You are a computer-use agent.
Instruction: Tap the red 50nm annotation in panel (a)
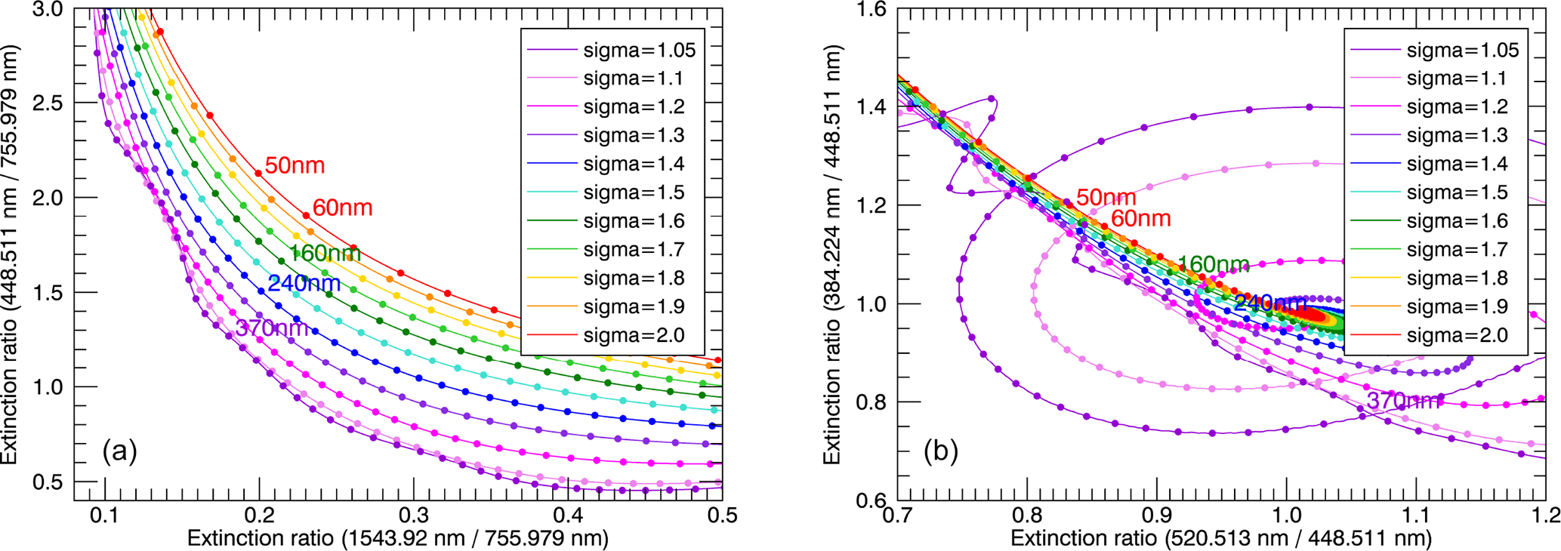click(x=295, y=165)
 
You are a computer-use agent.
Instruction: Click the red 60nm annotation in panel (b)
click(x=1140, y=219)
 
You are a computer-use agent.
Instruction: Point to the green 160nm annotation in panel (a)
click(x=325, y=254)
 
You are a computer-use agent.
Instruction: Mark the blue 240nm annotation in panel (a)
click(x=304, y=284)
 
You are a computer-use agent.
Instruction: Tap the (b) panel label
click(x=941, y=451)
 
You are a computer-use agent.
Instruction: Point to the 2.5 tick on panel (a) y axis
click(x=48, y=103)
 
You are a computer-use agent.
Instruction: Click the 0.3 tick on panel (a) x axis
click(x=414, y=516)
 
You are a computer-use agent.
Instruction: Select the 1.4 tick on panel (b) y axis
click(x=872, y=107)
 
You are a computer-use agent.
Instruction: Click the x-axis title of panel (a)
click(x=397, y=538)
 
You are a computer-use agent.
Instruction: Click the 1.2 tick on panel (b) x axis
click(x=1544, y=516)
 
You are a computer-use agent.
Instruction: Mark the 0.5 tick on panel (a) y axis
click(x=48, y=482)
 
